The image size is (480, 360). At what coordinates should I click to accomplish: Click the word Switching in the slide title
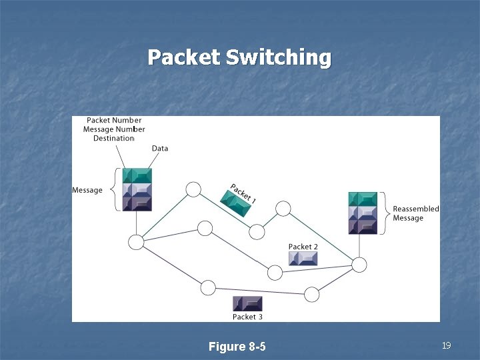278,57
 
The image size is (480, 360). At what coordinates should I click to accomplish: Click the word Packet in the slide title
183,57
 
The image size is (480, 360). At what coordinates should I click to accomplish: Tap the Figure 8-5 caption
237,347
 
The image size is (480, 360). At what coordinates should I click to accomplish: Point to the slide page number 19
446,345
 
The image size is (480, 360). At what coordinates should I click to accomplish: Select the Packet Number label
114,121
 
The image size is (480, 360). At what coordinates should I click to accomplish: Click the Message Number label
114,129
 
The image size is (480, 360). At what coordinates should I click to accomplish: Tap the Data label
160,148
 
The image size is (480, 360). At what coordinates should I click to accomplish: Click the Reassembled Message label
415,213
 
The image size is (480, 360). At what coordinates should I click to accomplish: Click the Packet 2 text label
303,247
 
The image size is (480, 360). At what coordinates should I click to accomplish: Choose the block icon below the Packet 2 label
303,258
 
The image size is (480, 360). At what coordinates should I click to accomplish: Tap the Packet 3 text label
247,317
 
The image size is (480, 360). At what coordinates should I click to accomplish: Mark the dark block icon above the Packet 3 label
247,303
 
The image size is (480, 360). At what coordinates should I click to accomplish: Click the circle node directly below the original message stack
136,242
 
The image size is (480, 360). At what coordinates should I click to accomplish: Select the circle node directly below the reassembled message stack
359,265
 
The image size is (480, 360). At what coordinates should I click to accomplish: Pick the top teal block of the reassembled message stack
363,199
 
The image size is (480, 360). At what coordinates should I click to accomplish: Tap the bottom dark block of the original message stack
137,203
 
